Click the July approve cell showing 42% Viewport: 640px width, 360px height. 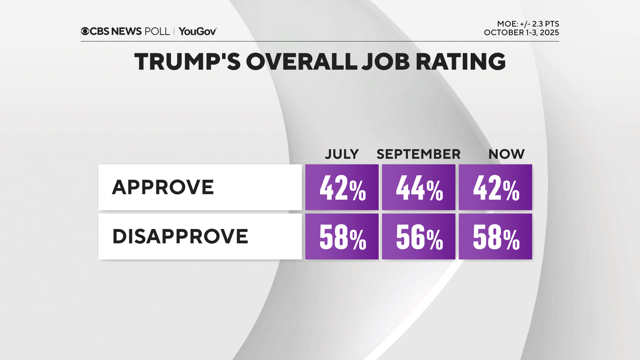(342, 187)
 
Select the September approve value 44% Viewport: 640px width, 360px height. (419, 187)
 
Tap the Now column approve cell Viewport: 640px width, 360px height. (495, 187)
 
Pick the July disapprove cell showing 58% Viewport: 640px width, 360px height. (342, 237)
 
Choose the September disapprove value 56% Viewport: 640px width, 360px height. (419, 237)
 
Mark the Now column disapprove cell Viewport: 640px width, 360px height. (495, 237)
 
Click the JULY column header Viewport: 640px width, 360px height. (342, 154)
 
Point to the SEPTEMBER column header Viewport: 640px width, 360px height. (418, 154)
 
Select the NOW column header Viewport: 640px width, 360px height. (506, 154)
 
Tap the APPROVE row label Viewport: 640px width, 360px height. (163, 187)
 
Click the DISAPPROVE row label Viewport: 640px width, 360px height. (180, 236)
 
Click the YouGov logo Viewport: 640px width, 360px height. (198, 31)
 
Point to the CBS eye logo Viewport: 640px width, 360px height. (85, 31)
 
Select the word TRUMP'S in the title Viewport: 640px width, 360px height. (187, 62)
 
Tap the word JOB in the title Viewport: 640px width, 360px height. (386, 62)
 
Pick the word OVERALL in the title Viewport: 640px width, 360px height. (302, 62)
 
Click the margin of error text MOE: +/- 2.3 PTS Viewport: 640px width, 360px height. (528, 24)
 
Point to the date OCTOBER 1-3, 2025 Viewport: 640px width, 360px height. (521, 33)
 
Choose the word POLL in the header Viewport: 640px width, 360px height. (157, 31)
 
